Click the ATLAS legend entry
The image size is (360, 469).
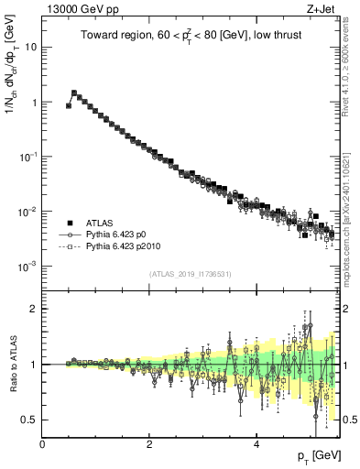[x=100, y=223]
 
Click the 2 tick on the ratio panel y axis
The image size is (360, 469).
[x=34, y=309]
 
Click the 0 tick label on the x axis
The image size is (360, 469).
[x=42, y=444]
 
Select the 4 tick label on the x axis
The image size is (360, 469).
[x=256, y=444]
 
